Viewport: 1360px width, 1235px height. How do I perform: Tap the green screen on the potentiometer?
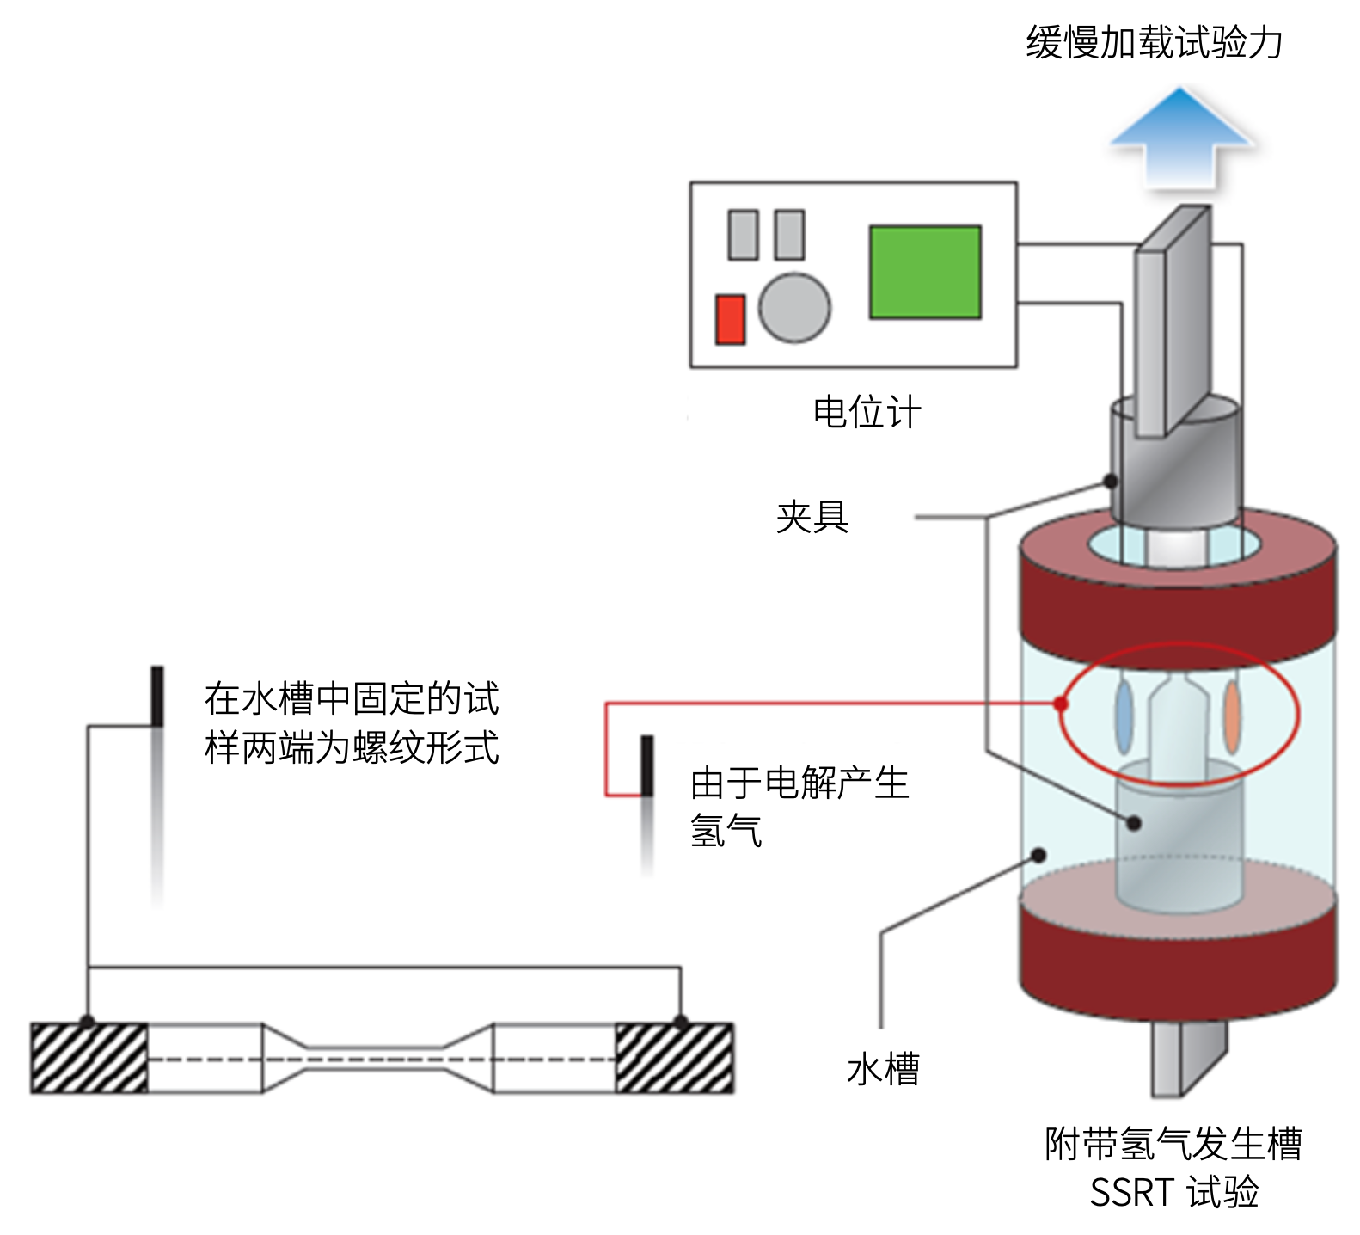pyautogui.click(x=924, y=272)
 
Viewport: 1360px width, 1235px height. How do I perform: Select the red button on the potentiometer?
pyautogui.click(x=730, y=319)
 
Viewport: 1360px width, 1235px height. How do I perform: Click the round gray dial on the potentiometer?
pyautogui.click(x=794, y=308)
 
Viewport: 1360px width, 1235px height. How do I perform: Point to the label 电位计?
pyautogui.click(x=867, y=413)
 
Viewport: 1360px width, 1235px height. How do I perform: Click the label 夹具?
pyautogui.click(x=812, y=517)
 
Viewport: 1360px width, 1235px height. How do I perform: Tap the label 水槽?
pyautogui.click(x=883, y=1069)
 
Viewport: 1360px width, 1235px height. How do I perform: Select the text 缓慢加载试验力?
pyautogui.click(x=1154, y=42)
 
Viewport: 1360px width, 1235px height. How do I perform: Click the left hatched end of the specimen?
pyautogui.click(x=89, y=1058)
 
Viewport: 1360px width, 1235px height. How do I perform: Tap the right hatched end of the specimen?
pyautogui.click(x=675, y=1058)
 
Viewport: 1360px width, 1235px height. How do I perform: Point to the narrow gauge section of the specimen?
pyautogui.click(x=376, y=1059)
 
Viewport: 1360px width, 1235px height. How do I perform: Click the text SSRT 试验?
pyautogui.click(x=1173, y=1192)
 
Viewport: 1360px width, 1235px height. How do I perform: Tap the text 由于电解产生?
pyautogui.click(x=799, y=783)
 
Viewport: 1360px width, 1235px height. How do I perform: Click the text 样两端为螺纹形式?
pyautogui.click(x=352, y=747)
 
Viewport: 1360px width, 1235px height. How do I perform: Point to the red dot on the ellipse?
pyautogui.click(x=1062, y=704)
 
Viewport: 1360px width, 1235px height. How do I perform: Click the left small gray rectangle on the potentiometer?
pyautogui.click(x=743, y=235)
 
